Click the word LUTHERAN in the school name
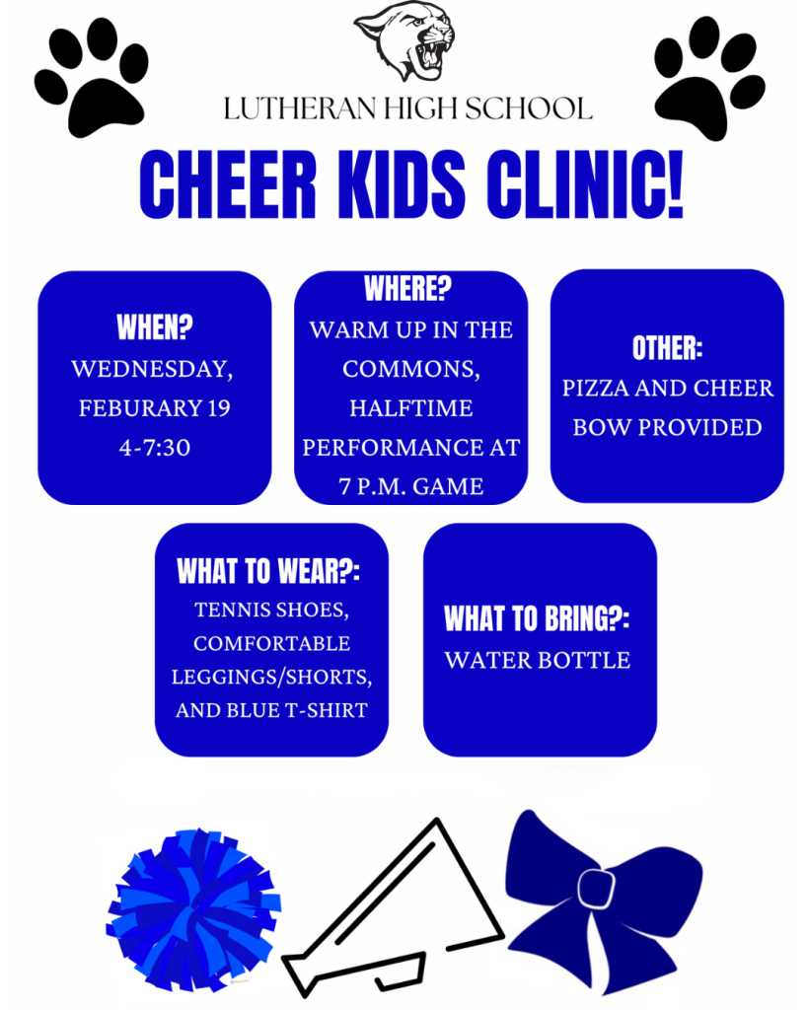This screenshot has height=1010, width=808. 299,108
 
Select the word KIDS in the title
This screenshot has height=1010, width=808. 401,183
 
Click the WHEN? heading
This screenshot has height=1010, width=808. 155,327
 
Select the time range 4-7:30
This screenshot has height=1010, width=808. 155,448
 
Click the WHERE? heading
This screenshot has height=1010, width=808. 407,288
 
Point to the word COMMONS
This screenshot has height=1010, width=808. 411,369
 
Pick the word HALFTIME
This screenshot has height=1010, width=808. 411,408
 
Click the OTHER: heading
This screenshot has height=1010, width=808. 668,348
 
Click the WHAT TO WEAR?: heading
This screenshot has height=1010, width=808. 268,571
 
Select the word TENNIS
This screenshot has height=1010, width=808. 233,610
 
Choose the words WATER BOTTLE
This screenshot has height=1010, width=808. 538,660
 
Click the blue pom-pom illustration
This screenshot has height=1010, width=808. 193,909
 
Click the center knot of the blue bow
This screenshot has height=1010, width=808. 596,889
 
